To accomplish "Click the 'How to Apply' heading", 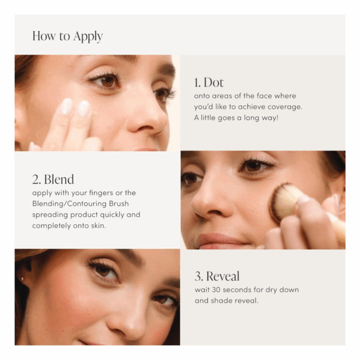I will coord(67,36).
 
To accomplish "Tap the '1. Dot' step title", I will coord(209,82).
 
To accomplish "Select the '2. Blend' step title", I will coord(53,179).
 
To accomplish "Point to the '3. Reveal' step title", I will coord(217,276).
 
